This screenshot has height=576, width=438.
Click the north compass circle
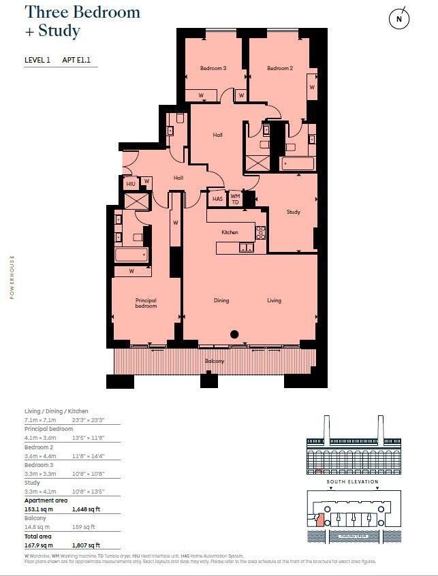point(399,20)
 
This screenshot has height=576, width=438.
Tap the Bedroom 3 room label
point(213,68)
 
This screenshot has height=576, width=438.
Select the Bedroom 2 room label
point(279,68)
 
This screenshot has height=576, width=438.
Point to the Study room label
point(293,212)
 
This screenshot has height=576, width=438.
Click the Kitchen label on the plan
point(230,232)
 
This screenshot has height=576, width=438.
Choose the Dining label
point(221,300)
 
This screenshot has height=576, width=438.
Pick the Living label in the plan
point(274,300)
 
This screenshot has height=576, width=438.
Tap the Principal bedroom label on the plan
point(146,303)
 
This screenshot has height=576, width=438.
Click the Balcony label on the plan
point(215,361)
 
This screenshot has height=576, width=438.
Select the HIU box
point(131,184)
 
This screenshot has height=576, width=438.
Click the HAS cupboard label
point(217,199)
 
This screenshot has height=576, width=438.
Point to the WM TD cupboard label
point(235,199)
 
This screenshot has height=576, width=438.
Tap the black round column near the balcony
point(234,334)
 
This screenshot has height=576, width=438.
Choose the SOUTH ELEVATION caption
point(351,482)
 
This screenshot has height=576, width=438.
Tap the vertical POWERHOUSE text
point(12,277)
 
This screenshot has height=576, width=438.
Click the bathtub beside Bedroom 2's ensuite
point(297,163)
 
